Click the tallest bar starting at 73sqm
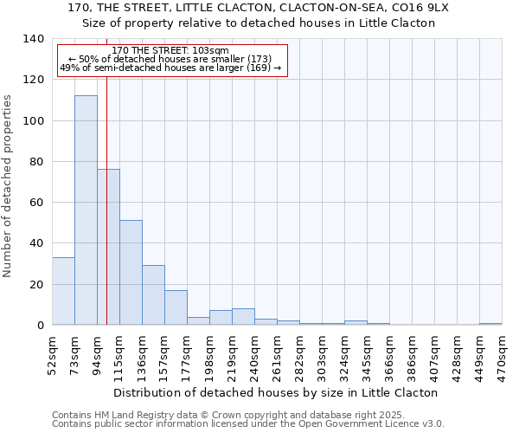click(x=86, y=210)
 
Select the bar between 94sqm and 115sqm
click(x=108, y=247)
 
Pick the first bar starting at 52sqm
click(x=63, y=291)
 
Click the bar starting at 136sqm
click(x=153, y=295)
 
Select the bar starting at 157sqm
click(x=176, y=307)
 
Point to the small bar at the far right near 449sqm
click(x=490, y=324)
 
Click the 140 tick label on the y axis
click(x=33, y=39)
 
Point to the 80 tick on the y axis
click(x=36, y=162)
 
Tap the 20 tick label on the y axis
click(x=36, y=285)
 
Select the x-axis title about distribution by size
click(x=276, y=392)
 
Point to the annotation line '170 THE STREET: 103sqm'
click(x=170, y=51)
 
